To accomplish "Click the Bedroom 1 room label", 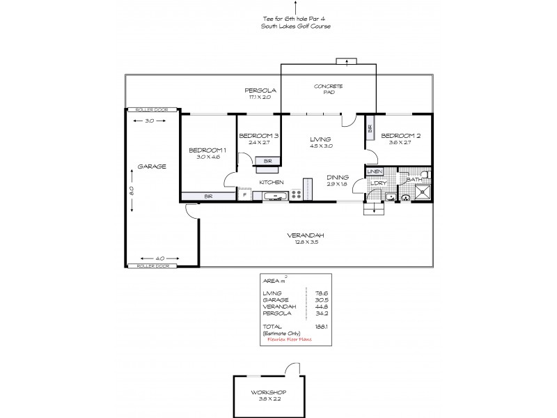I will (208, 150).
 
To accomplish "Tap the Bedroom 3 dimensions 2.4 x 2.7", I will (259, 142).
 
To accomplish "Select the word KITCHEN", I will (271, 182).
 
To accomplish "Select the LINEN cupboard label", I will (375, 171).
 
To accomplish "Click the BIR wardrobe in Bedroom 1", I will (207, 196).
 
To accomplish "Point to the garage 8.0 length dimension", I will (130, 189).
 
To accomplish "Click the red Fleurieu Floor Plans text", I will (292, 339).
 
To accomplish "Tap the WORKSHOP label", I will (269, 392).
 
